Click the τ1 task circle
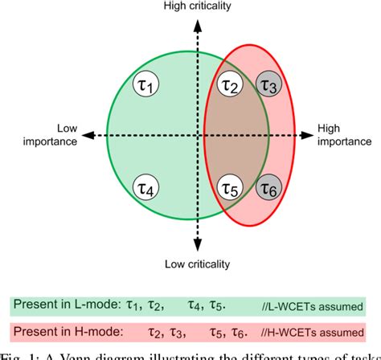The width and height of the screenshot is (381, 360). pos(149,83)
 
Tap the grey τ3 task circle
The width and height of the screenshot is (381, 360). pos(271,83)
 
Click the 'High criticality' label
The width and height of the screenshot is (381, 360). pos(196,7)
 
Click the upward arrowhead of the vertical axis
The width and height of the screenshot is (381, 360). pos(197,21)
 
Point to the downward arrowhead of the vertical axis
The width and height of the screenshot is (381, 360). pos(197,248)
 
